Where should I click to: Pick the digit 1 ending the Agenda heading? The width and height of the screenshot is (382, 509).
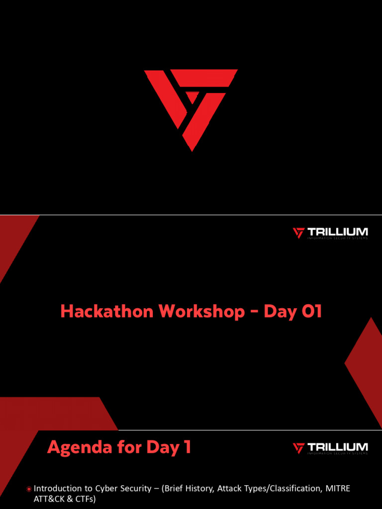point(187,448)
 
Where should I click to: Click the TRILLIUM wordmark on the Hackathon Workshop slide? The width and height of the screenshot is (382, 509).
point(337,232)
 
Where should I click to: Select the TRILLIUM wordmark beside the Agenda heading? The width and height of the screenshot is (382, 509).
point(337,447)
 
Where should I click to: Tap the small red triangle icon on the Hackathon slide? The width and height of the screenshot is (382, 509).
point(298,233)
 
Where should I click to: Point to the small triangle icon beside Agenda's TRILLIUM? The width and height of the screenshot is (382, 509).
point(298,448)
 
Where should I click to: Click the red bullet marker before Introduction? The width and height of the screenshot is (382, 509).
point(29,489)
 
